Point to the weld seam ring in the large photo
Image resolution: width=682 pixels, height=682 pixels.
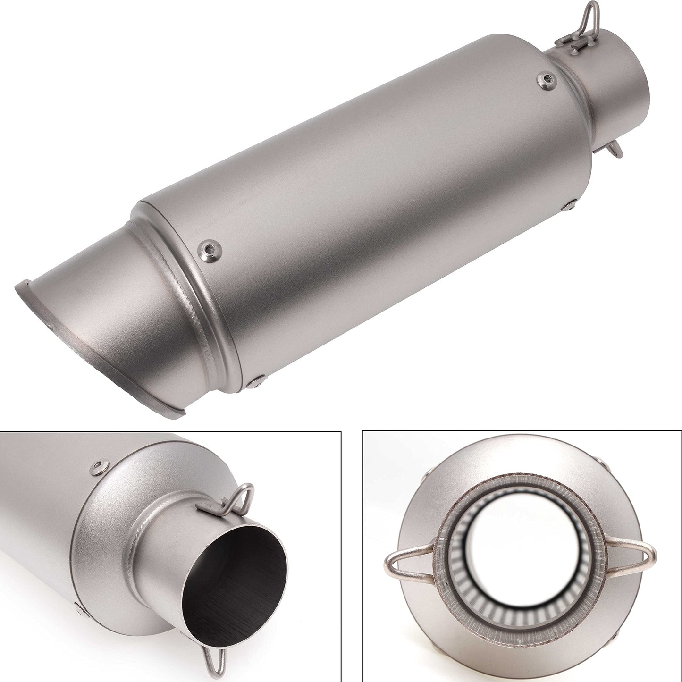pyautogui.click(x=189, y=283)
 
